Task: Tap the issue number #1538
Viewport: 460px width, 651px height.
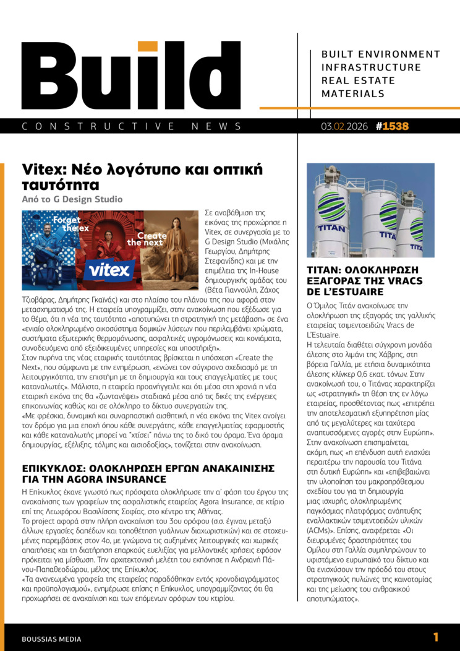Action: [x=393, y=126]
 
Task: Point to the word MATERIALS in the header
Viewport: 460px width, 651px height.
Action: [x=352, y=94]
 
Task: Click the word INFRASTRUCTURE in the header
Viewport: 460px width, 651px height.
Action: [x=371, y=67]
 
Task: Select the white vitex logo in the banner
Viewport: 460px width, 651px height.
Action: [x=109, y=269]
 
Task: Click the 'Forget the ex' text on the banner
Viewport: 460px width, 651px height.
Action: [x=66, y=224]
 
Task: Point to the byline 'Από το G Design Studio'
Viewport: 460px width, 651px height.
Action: [x=72, y=199]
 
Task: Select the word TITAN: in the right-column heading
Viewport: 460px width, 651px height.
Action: [x=326, y=270]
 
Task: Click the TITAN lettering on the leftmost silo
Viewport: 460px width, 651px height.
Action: [x=331, y=228]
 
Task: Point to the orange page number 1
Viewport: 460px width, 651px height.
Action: [x=436, y=637]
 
